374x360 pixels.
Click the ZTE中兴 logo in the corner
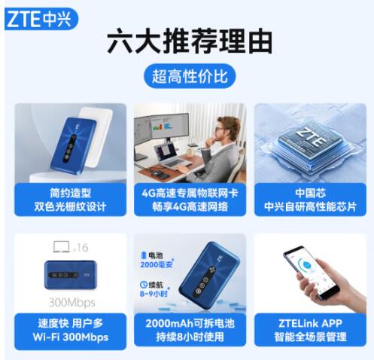point(41,19)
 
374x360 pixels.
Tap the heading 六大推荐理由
point(190,41)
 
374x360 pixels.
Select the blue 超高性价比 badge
point(190,76)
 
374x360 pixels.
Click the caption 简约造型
point(70,193)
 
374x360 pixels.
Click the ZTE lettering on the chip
point(311,137)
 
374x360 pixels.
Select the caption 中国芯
point(310,193)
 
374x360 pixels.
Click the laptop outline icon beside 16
point(62,247)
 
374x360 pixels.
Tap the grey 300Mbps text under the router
point(72,303)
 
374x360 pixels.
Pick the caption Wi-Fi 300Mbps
point(71,337)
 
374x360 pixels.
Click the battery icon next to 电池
point(144,255)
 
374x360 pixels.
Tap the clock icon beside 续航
point(144,285)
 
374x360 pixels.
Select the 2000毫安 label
point(157,264)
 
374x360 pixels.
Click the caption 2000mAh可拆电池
point(190,323)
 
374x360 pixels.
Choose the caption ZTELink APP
point(310,323)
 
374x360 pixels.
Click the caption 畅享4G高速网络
point(190,207)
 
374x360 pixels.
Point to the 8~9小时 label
point(154,294)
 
